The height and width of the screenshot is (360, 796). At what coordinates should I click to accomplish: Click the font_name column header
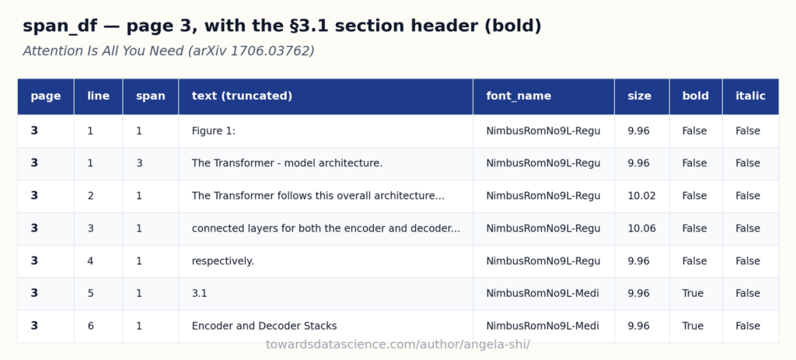coord(518,96)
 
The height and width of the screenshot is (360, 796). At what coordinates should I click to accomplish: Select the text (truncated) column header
coord(242,96)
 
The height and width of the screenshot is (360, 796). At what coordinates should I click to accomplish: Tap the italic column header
coord(750,96)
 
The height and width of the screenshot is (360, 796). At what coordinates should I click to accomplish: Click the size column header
coord(639,96)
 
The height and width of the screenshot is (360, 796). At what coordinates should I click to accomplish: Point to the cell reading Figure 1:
coord(213,131)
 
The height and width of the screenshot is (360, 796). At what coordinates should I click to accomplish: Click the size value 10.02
coord(641,196)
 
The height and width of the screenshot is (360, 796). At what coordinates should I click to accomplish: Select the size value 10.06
coord(641,229)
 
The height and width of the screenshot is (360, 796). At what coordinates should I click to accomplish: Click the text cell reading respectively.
coord(222,261)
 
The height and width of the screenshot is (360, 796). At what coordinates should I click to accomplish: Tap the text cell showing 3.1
coord(199,293)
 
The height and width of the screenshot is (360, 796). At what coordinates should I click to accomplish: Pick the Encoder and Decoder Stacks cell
coord(264,326)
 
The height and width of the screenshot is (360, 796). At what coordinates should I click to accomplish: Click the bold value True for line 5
coord(693,293)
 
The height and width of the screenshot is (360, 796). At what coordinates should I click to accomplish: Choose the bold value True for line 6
coord(693,326)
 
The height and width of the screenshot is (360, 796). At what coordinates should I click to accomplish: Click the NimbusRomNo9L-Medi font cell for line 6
coord(542,326)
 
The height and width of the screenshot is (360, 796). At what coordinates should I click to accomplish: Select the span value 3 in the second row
coord(138,163)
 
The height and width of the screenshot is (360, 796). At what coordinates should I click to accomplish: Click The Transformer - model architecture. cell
coord(287,163)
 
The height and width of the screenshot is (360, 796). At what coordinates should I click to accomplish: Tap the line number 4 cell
coord(90,261)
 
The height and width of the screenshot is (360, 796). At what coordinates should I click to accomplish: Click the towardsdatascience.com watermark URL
coord(398,344)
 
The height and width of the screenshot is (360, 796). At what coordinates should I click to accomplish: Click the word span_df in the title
coord(61,26)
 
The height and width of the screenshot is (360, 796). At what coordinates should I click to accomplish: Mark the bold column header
coord(695,96)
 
